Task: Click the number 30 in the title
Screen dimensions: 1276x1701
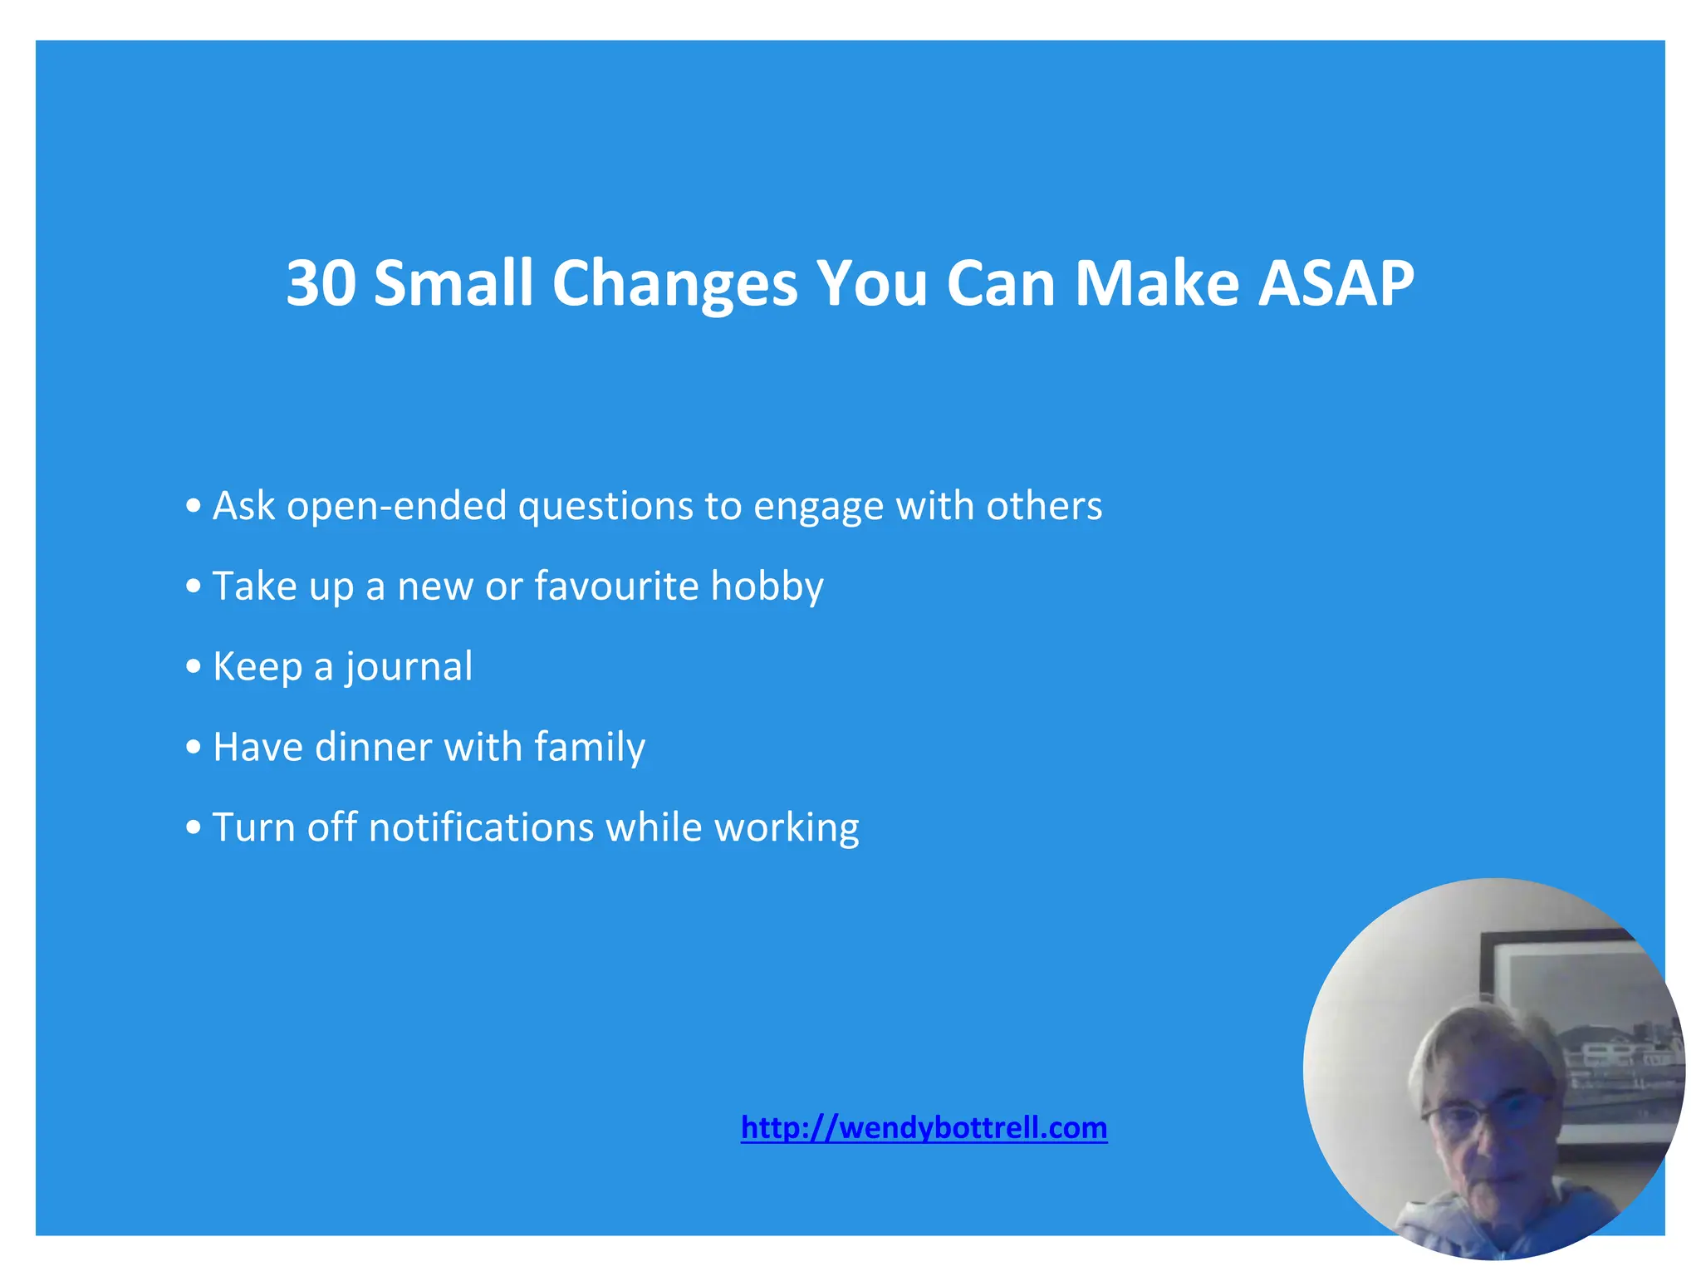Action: pyautogui.click(x=321, y=283)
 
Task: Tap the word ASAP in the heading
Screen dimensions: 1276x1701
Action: pyautogui.click(x=1336, y=283)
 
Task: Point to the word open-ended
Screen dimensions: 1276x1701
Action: pyautogui.click(x=396, y=506)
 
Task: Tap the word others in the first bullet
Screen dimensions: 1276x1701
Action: pyautogui.click(x=1044, y=505)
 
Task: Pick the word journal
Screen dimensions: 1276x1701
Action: pyautogui.click(x=409, y=667)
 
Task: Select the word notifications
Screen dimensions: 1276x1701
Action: pyautogui.click(x=481, y=827)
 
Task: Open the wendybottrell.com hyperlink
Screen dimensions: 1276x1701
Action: pyautogui.click(x=924, y=1128)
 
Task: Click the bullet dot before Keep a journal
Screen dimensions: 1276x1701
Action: pyautogui.click(x=194, y=666)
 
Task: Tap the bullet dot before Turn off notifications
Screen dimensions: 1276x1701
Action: pyautogui.click(x=194, y=827)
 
